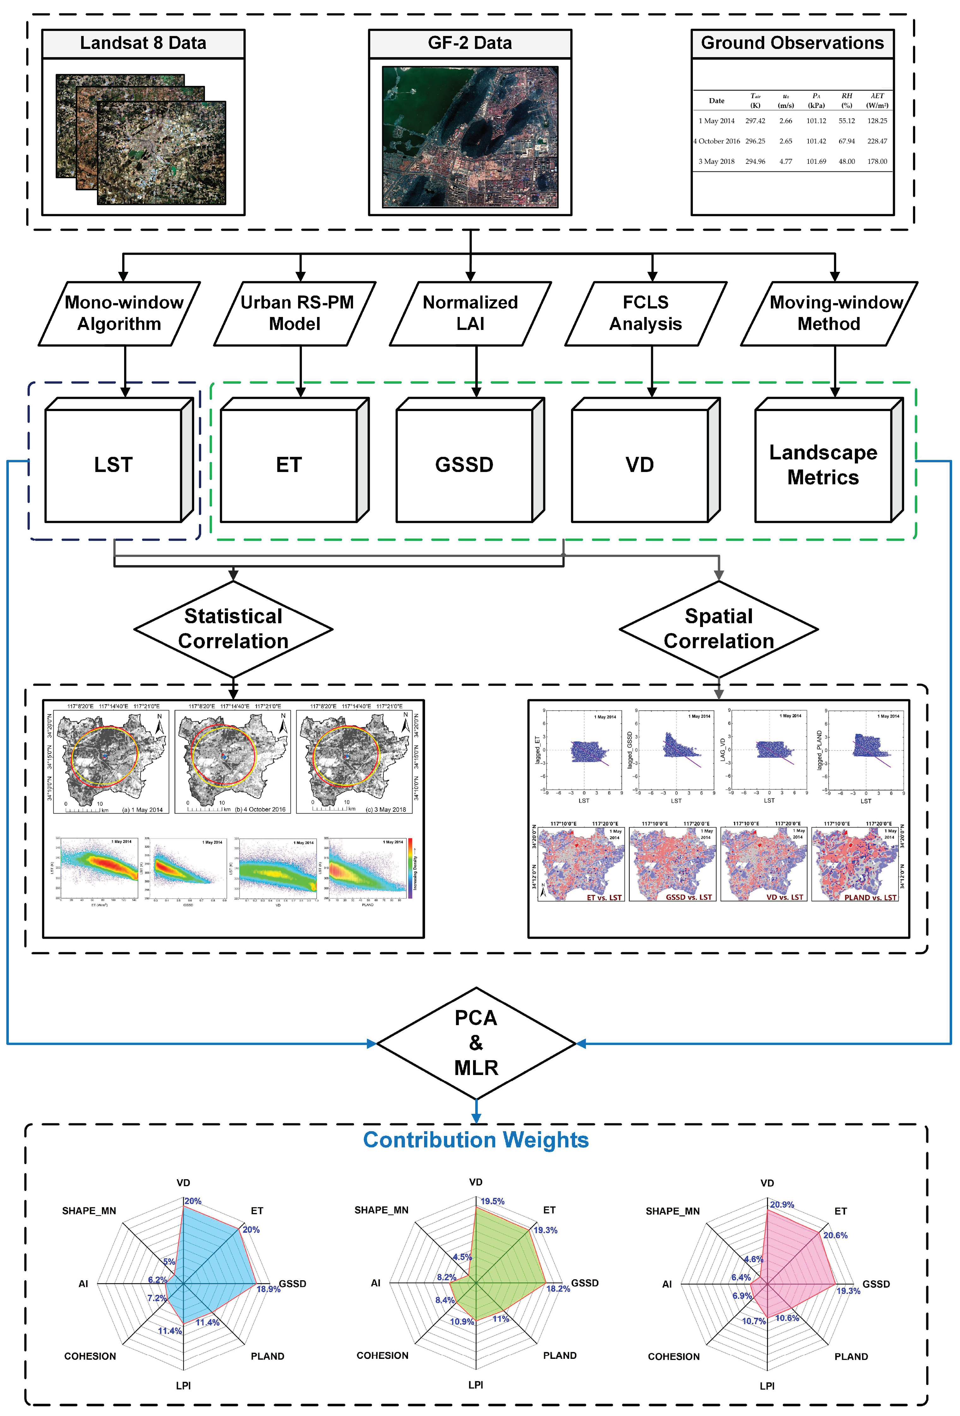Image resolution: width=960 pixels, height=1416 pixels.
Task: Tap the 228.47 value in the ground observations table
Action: [877, 141]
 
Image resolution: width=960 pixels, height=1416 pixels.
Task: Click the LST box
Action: [113, 465]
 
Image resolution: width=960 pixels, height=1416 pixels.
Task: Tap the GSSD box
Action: [465, 465]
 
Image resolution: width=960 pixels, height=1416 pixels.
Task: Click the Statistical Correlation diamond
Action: [233, 629]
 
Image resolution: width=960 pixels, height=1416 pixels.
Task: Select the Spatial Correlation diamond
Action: [719, 629]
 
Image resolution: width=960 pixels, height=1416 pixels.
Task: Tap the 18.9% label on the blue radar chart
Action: [268, 1289]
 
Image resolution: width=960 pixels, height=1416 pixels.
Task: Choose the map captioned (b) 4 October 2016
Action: [233, 760]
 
